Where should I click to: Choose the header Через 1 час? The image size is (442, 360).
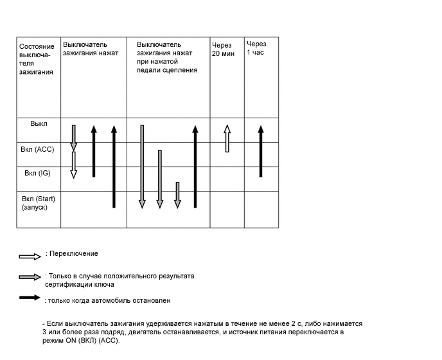pyautogui.click(x=256, y=48)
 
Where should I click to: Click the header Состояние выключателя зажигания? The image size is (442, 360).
pyautogui.click(x=37, y=59)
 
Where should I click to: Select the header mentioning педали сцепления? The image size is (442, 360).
pyautogui.click(x=167, y=57)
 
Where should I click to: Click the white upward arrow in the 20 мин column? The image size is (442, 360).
pyautogui.click(x=227, y=138)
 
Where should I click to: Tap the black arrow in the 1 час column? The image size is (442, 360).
pyautogui.click(x=260, y=151)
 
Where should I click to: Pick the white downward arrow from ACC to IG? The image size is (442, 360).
pyautogui.click(x=74, y=165)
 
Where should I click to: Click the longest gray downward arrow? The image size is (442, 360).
pyautogui.click(x=142, y=166)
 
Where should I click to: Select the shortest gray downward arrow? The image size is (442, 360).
pyautogui.click(x=177, y=195)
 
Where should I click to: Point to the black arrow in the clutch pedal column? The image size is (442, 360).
pyautogui.click(x=195, y=166)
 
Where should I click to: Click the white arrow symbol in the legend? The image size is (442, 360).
pyautogui.click(x=30, y=256)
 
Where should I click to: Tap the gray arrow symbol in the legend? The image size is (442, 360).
pyautogui.click(x=30, y=278)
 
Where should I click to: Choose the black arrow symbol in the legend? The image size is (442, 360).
pyautogui.click(x=30, y=298)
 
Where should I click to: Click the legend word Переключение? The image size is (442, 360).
pyautogui.click(x=74, y=254)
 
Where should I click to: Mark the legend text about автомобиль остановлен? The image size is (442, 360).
pyautogui.click(x=109, y=300)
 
